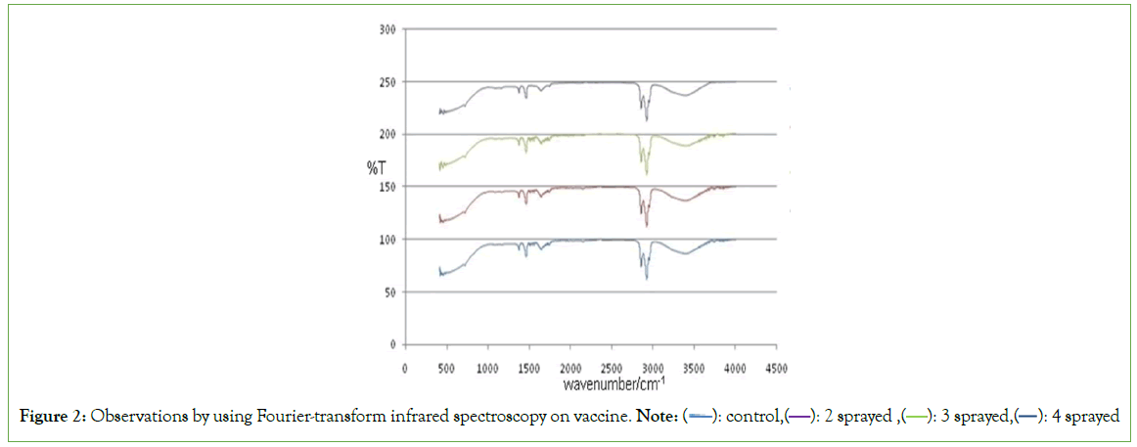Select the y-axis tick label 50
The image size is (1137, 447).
(391, 291)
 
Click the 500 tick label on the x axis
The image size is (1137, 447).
(446, 368)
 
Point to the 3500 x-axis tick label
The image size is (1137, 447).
(695, 368)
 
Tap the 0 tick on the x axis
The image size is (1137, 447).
(405, 368)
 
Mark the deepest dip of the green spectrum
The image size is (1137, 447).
(647, 174)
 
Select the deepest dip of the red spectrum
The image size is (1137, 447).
(647, 226)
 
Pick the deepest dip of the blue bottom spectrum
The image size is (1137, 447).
(647, 279)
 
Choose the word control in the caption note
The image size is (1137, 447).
(748, 418)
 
